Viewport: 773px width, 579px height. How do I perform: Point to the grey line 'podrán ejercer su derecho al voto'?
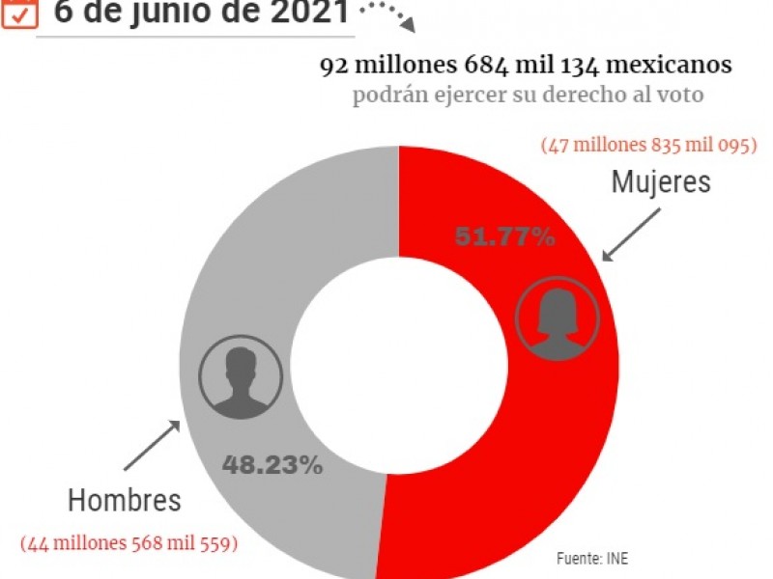[527, 96]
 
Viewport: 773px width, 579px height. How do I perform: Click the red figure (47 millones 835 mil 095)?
[648, 146]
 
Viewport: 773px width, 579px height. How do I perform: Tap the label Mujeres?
[661, 181]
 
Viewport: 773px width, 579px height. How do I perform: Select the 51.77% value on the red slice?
[504, 236]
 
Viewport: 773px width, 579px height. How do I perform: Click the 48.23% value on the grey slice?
[272, 465]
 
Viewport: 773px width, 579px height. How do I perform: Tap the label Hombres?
[125, 501]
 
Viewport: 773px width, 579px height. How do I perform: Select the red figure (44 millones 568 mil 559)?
[129, 543]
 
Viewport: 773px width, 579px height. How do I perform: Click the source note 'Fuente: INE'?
[598, 559]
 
